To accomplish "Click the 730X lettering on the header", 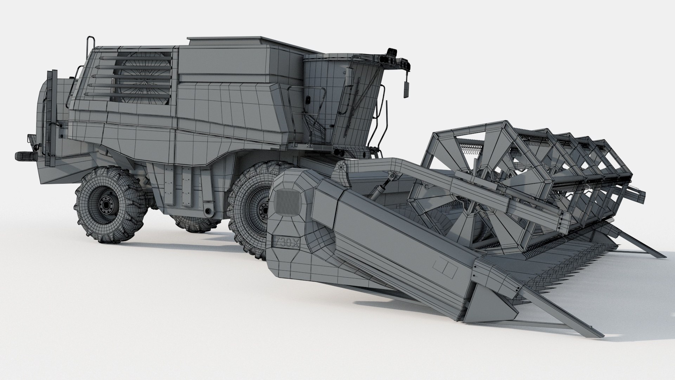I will pos(283,242).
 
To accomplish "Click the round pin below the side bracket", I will pos(209,211).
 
